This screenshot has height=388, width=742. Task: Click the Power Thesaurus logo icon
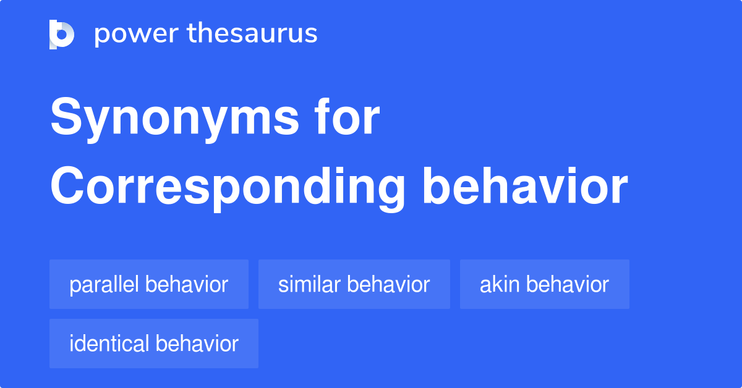pyautogui.click(x=62, y=34)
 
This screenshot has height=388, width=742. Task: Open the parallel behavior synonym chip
pyautogui.click(x=148, y=284)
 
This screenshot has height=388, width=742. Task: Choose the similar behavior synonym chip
pyautogui.click(x=354, y=284)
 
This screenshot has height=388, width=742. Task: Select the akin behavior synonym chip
pyautogui.click(x=544, y=284)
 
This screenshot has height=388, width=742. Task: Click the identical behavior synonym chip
pyautogui.click(x=153, y=344)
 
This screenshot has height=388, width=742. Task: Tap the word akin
pyautogui.click(x=500, y=284)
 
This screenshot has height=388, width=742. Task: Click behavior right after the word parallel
pyautogui.click(x=186, y=284)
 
